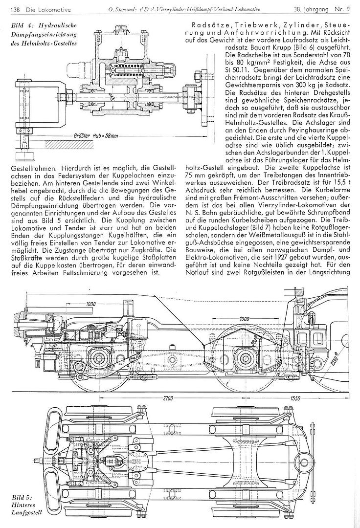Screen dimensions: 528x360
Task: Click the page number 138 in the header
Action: point(15,9)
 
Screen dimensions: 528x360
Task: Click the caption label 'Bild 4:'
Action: point(21,23)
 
